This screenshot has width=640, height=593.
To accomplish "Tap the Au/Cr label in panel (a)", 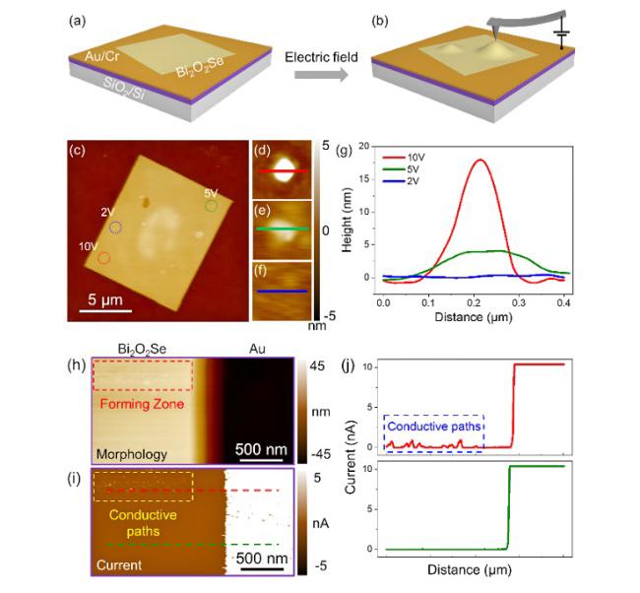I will click(105, 54).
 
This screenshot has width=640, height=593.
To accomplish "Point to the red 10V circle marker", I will click(104, 258).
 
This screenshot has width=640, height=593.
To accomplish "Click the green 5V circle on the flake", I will click(211, 207).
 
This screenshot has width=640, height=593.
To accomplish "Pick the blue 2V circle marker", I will click(116, 228).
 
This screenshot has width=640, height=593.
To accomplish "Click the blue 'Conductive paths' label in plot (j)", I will click(434, 427).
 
